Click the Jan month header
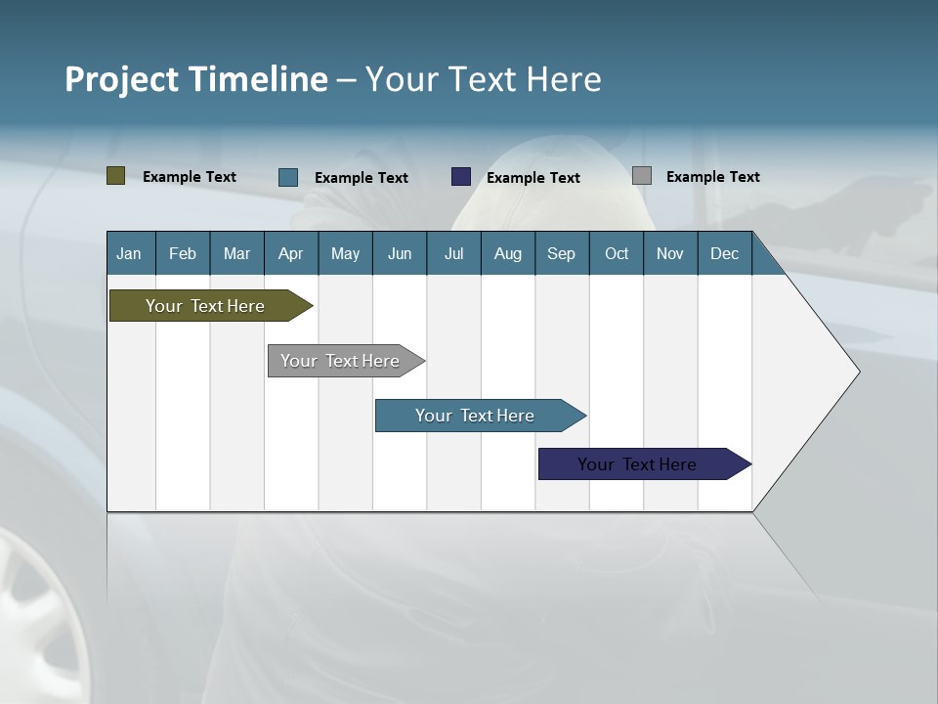coord(129,254)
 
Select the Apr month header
coord(290,254)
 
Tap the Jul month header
coord(453,254)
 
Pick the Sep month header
coord(561,254)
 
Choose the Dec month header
coord(724,254)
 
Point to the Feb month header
coord(183,254)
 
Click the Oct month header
coord(617,254)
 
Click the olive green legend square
coord(116,176)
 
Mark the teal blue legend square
coord(288,177)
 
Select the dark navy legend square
coord(461,177)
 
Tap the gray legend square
coord(642,176)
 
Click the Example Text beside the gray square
coord(712,177)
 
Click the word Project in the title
coord(123,79)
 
